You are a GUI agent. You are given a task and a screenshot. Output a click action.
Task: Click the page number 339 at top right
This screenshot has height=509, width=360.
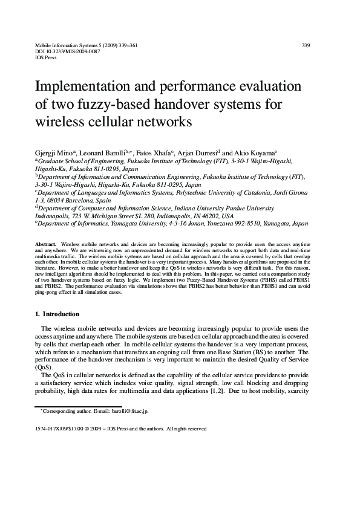[306, 45]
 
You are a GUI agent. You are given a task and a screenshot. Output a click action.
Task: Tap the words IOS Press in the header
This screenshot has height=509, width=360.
[47, 58]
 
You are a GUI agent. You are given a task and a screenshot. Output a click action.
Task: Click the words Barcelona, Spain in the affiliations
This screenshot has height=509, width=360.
[85, 200]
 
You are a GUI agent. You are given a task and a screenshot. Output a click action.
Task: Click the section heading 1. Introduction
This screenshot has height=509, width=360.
[57, 314]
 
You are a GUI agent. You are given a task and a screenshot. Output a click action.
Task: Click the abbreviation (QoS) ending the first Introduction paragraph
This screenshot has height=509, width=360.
[44, 367]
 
